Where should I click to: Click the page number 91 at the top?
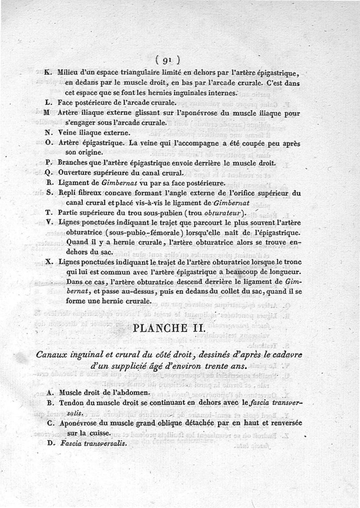pyautogui.click(x=167, y=60)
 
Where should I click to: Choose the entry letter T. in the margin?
pyautogui.click(x=49, y=212)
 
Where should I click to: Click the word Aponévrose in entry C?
pyautogui.click(x=80, y=423)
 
